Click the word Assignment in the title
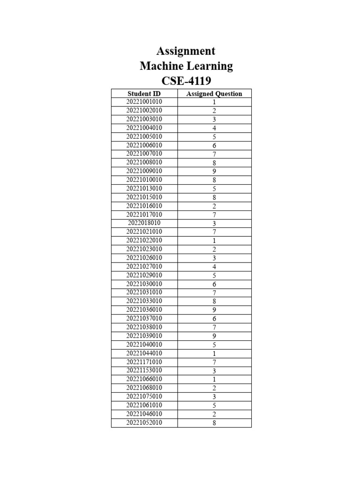point(186,51)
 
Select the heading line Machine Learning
point(186,66)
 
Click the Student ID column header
point(144,94)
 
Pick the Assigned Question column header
point(214,94)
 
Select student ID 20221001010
point(144,102)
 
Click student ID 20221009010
point(144,171)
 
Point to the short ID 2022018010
point(144,223)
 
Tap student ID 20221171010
point(144,362)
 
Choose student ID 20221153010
point(144,370)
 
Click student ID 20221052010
point(144,422)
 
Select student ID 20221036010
point(144,310)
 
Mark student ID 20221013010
point(144,188)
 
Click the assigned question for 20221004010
point(214,128)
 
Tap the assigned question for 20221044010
point(214,353)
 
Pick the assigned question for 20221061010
point(214,405)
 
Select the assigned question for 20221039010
point(214,336)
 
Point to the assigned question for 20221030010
point(214,284)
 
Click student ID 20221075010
point(144,397)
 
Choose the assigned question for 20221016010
point(214,206)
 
